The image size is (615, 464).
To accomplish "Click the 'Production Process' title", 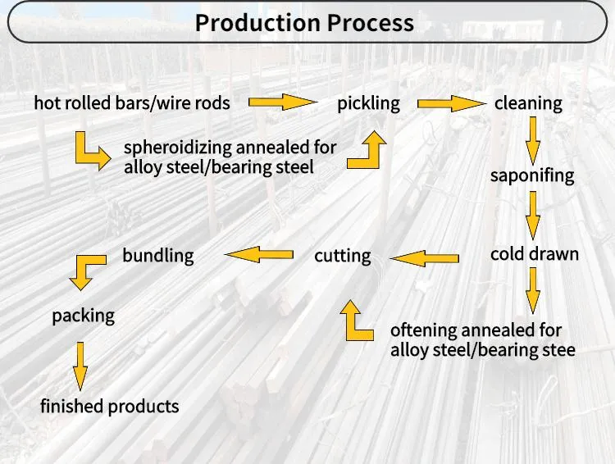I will pos(304,22).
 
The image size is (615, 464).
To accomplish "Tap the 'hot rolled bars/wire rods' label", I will pos(132,103).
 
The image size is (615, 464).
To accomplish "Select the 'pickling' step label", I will pos(368,103).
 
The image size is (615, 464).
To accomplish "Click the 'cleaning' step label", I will pos(528,103).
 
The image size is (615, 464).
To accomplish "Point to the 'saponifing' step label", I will pos(532,175).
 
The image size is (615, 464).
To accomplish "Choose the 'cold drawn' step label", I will pos(534,254).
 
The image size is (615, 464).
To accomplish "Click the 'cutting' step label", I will pos(342,256).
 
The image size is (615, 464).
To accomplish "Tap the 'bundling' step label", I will pos(158,256).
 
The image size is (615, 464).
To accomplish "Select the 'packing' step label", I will pos(83,316).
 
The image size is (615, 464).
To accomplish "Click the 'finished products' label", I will pos(109,406).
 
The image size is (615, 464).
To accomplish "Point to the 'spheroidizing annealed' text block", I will pos(230,157).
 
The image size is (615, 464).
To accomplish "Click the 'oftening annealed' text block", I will pos(482,340).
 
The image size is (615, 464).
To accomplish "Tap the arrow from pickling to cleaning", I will pos(451,103).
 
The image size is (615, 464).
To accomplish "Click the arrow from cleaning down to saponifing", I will pos(533,139).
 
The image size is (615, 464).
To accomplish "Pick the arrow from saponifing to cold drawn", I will pos(533,215).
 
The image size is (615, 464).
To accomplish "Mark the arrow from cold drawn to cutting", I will pos(424,258).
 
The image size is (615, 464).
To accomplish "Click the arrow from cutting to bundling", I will pos(258,255).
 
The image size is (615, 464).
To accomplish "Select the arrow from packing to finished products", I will pos(80,365).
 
